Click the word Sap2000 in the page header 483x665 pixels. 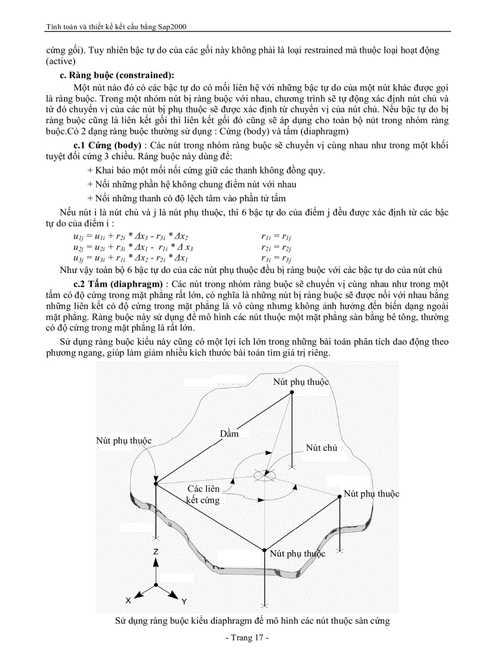[174, 27]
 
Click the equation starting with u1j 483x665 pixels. [130, 236]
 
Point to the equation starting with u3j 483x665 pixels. [130, 259]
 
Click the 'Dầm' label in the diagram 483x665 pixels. [229, 433]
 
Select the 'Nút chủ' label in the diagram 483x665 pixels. [321, 448]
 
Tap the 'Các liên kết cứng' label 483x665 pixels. [203, 494]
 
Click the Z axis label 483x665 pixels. [155, 551]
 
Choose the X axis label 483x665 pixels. [128, 600]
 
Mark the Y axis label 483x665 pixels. [184, 602]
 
